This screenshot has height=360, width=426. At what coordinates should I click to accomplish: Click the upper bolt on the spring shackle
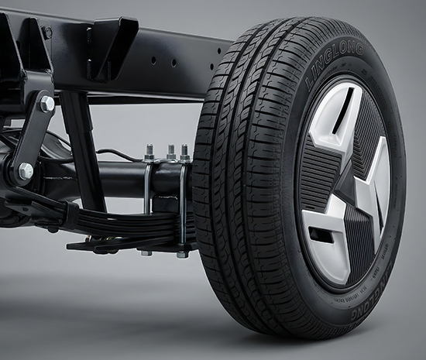point(46,104)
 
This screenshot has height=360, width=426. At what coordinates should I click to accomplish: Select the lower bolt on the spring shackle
point(26,170)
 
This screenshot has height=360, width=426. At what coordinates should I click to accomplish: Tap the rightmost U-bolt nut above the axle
point(185,152)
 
